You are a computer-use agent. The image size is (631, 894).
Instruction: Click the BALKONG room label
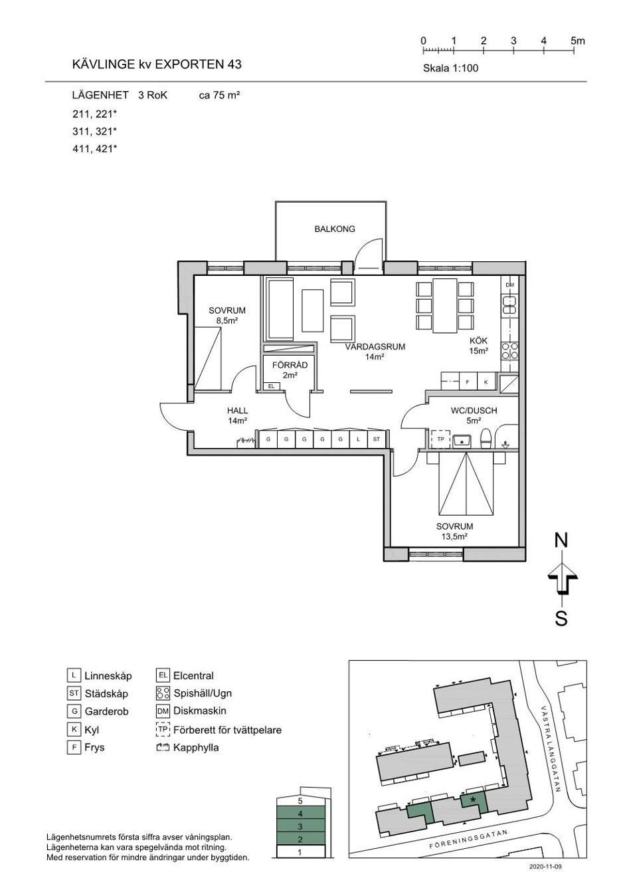pyautogui.click(x=334, y=229)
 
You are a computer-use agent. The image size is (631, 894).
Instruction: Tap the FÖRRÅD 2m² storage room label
pyautogui.click(x=290, y=370)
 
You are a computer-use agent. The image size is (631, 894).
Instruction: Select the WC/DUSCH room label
pyautogui.click(x=474, y=410)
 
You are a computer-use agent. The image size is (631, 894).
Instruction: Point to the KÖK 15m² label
pyautogui.click(x=479, y=346)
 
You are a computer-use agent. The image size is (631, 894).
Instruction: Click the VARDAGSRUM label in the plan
pyautogui.click(x=375, y=347)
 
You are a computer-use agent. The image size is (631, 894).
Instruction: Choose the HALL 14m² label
pyautogui.click(x=237, y=415)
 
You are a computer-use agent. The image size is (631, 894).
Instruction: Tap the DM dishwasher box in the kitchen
pyautogui.click(x=509, y=285)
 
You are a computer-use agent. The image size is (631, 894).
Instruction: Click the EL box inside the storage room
pyautogui.click(x=272, y=386)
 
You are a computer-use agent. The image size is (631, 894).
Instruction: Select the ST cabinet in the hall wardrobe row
pyautogui.click(x=377, y=439)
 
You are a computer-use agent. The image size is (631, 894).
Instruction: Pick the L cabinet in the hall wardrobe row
pyautogui.click(x=358, y=439)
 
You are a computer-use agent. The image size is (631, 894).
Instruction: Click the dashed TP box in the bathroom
pyautogui.click(x=441, y=439)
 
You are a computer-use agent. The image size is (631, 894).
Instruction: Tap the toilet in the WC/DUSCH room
pyautogui.click(x=486, y=439)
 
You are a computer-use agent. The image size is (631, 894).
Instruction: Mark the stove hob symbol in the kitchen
pyautogui.click(x=509, y=351)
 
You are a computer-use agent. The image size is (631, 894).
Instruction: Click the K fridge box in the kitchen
pyautogui.click(x=486, y=382)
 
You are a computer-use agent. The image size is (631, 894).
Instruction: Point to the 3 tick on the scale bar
pyautogui.click(x=513, y=50)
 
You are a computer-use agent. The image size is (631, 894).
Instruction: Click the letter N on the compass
pyautogui.click(x=561, y=540)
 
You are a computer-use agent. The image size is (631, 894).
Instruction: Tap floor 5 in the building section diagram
pyautogui.click(x=300, y=800)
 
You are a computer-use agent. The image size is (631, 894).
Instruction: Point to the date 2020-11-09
pyautogui.click(x=545, y=867)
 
